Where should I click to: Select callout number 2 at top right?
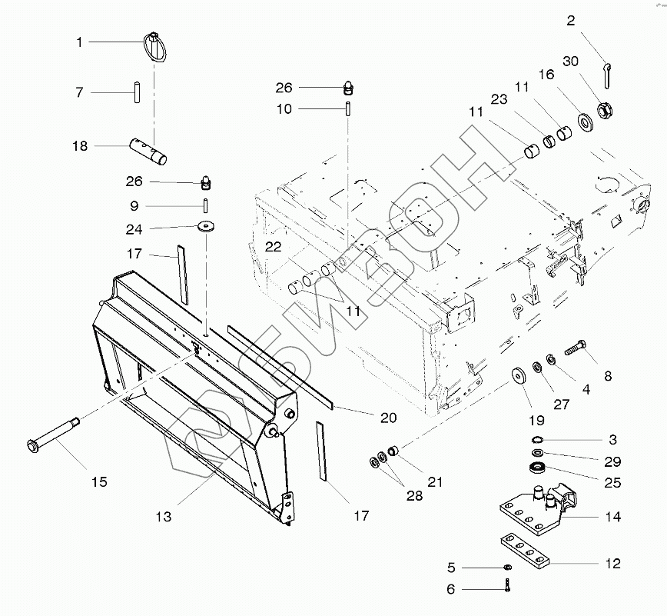(570, 22)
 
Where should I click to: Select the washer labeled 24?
(207, 228)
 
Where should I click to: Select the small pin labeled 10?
(348, 108)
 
